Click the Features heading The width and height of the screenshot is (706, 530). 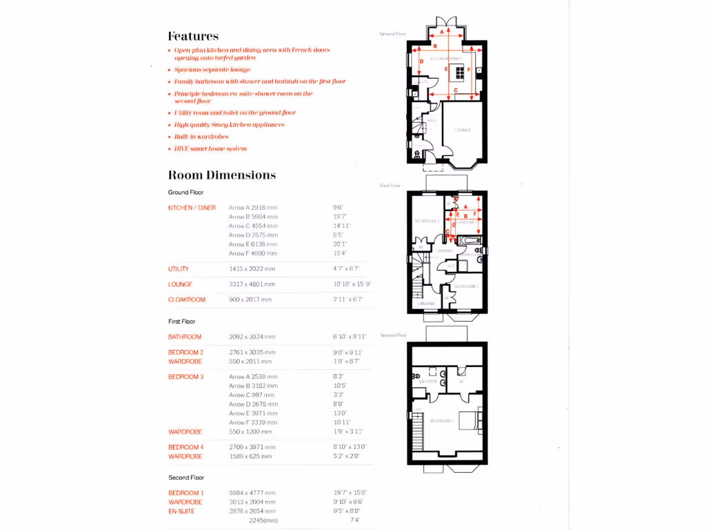pos(193,37)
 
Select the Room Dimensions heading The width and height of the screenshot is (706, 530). pos(222,175)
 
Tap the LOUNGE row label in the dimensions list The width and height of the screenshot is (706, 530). pos(180,284)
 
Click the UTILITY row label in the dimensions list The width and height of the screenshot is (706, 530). pos(179,269)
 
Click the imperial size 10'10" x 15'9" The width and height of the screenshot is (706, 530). pos(352,284)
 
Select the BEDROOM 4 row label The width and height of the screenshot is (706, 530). pos(186,447)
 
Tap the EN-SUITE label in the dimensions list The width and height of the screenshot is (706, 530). pos(182,511)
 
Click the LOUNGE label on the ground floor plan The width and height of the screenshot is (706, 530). pos(462,130)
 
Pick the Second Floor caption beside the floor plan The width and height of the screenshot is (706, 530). pos(393,335)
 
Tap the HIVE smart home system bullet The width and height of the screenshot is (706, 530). pos(210,148)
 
